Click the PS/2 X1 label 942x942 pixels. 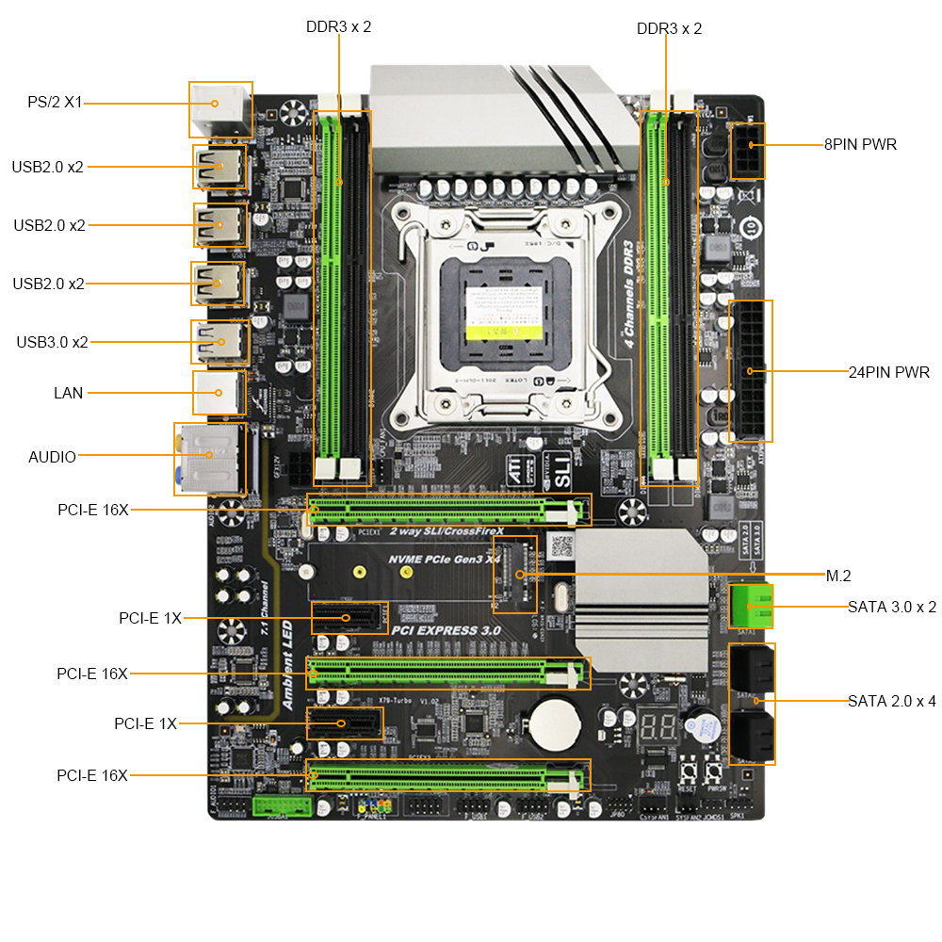pos(55,103)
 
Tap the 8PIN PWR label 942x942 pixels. pos(860,145)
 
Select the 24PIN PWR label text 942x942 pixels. pos(888,373)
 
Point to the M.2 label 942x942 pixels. pos(838,577)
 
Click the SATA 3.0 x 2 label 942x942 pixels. pos(891,607)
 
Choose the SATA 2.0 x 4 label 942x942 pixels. pos(891,701)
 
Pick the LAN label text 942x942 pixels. pos(68,393)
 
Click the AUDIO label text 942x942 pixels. pos(52,457)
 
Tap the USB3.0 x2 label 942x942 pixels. pos(52,342)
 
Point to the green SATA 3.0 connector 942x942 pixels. pos(751,607)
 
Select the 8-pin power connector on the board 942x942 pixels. pos(748,151)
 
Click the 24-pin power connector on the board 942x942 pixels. pos(751,371)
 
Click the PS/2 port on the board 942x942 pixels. pos(221,108)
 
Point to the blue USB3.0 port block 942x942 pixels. pos(219,342)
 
